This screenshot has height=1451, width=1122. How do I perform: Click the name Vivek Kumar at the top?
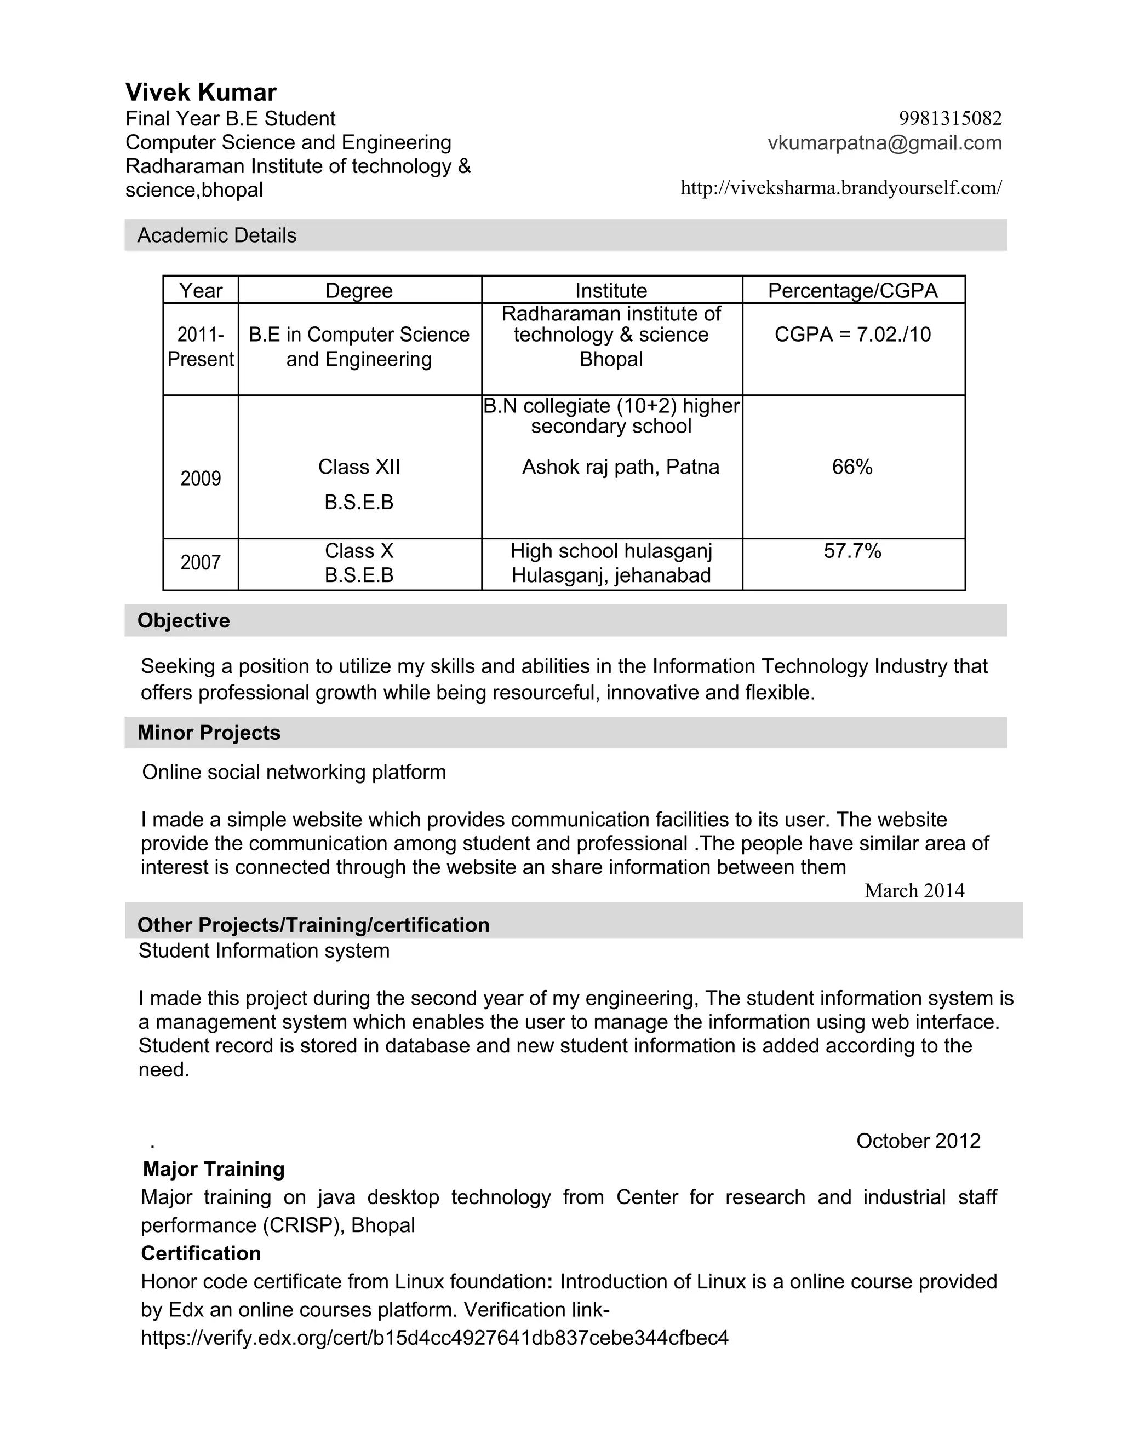click(x=201, y=93)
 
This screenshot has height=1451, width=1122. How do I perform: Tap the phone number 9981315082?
click(x=950, y=118)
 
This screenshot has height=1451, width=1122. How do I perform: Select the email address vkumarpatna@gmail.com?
click(x=885, y=143)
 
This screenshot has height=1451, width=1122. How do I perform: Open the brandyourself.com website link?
click(x=841, y=188)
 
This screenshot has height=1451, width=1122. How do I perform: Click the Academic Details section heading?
click(x=217, y=235)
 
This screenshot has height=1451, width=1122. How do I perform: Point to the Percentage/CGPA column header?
click(x=853, y=290)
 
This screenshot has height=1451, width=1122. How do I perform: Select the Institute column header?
click(x=611, y=290)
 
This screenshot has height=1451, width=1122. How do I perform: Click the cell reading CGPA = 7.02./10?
click(x=853, y=334)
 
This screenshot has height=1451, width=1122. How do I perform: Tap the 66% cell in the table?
click(x=852, y=467)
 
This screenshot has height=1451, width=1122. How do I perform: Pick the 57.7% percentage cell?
click(x=852, y=551)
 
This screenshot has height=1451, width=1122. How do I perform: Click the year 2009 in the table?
click(x=201, y=479)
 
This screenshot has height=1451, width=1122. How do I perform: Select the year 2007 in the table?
click(x=201, y=563)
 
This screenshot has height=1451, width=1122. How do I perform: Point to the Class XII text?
click(x=359, y=467)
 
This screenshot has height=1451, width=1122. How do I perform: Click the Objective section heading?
click(x=184, y=620)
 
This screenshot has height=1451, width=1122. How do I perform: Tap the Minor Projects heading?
click(x=209, y=733)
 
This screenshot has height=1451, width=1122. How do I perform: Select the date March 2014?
click(x=914, y=891)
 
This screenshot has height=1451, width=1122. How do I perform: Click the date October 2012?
click(x=918, y=1141)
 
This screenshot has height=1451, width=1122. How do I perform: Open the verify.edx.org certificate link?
click(x=434, y=1338)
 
